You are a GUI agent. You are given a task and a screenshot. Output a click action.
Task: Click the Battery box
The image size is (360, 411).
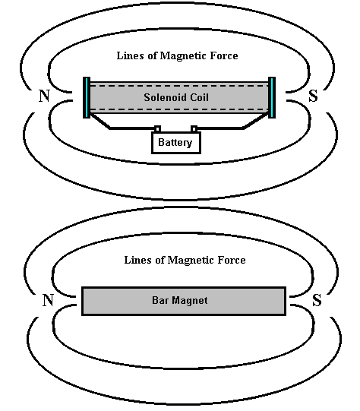point(176,143)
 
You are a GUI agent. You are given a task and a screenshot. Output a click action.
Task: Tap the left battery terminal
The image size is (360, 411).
point(157,129)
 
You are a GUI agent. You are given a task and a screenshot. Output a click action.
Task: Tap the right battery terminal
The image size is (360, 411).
point(194,129)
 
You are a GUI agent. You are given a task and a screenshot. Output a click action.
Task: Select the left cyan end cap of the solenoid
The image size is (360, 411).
point(87,97)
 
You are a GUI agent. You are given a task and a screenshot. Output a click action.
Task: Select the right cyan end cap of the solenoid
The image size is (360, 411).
point(272,97)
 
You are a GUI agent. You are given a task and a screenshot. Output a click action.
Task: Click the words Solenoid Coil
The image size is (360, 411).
point(176,97)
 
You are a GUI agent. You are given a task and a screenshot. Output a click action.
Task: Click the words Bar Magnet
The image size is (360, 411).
point(180,300)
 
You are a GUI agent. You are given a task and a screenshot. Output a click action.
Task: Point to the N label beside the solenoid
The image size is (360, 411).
point(44,96)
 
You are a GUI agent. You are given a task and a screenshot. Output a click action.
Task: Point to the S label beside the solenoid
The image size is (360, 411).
point(313,96)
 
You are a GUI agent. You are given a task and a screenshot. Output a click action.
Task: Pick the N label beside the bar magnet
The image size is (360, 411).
point(48,300)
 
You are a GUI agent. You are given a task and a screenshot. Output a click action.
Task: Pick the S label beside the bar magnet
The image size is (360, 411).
point(317,300)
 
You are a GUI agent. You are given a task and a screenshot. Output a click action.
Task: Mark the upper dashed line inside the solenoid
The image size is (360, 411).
point(179,85)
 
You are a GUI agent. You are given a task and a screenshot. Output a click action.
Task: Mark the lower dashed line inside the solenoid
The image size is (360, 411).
point(179,109)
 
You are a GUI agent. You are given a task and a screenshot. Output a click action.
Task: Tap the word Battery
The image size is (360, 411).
point(175,143)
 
